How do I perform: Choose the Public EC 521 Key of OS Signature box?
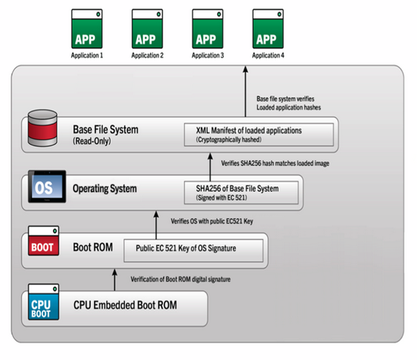tap(194, 249)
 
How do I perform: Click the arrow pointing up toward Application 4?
tap(247, 90)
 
